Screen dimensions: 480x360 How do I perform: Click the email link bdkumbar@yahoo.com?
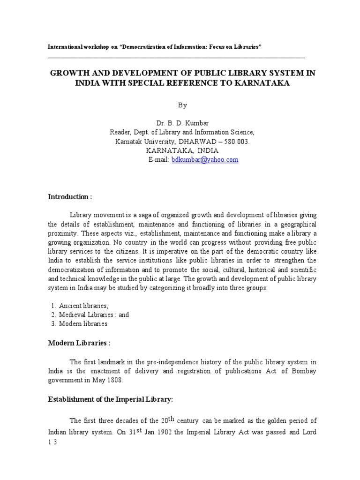[x=205, y=160]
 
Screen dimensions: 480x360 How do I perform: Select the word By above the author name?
[x=182, y=105]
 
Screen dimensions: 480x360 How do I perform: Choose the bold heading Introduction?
[x=70, y=197]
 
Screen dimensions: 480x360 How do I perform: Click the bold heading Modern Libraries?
[x=79, y=343]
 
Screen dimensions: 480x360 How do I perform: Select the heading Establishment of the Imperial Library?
[x=111, y=399]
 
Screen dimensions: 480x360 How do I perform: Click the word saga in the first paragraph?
[x=145, y=215]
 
